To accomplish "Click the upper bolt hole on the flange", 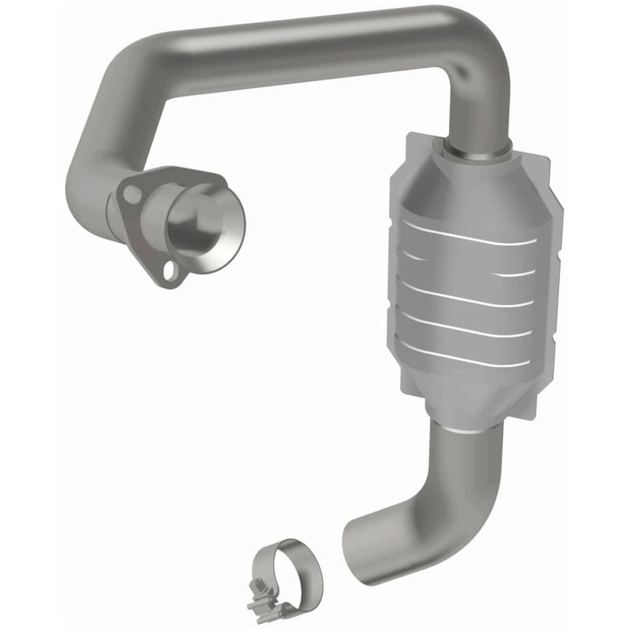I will pyautogui.click(x=130, y=194).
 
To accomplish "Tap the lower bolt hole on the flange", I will pyautogui.click(x=171, y=273).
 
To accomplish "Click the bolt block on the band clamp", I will pyautogui.click(x=263, y=603).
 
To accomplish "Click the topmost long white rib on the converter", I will pyautogui.click(x=467, y=233).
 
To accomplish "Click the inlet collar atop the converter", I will pyautogui.click(x=476, y=149).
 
